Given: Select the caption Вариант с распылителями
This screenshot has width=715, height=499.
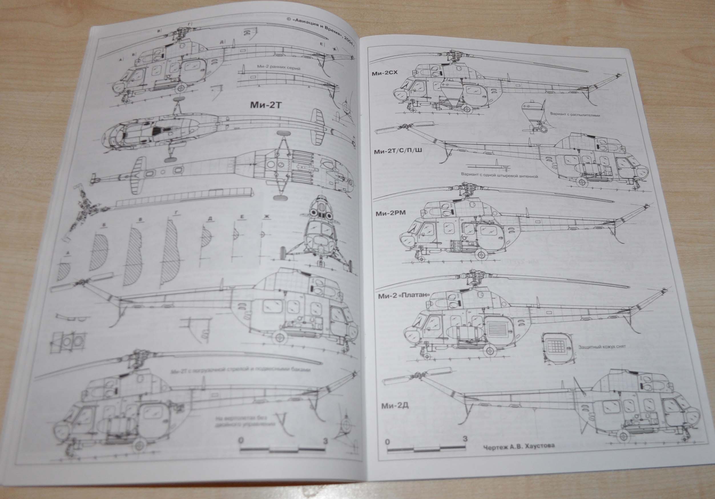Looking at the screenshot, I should [x=575, y=114].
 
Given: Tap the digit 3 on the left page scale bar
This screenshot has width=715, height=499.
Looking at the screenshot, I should [x=325, y=441].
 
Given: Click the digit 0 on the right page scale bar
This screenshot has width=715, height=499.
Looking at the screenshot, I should [x=387, y=442].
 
